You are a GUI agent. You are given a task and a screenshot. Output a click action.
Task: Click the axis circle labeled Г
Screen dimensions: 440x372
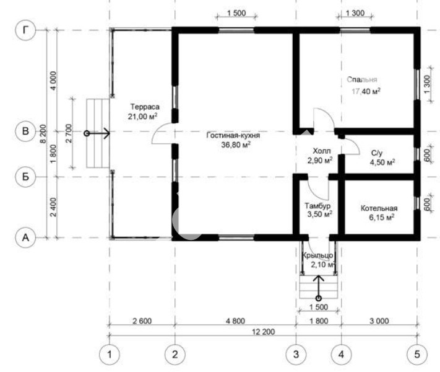tap(25, 30)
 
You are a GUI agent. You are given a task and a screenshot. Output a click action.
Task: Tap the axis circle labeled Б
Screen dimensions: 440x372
tap(25, 177)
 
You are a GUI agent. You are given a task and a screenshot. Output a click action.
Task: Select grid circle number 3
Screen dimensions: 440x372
tap(296, 355)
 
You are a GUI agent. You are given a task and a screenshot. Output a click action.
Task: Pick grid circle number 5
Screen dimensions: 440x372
tap(417, 355)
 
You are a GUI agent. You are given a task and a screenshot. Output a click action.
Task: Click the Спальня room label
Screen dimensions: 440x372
tap(361, 79)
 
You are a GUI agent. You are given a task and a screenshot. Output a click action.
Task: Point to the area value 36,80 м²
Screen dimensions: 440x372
tap(236, 145)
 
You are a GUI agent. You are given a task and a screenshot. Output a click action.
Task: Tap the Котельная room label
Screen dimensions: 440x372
tap(379, 208)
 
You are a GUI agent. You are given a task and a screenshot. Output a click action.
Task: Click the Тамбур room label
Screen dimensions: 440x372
tap(317, 206)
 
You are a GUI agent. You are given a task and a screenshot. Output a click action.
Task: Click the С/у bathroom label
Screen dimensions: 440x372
tap(377, 153)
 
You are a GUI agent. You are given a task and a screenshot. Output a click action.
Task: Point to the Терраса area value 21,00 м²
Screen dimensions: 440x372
tap(142, 117)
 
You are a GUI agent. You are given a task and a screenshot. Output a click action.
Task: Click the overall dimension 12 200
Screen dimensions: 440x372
tap(263, 332)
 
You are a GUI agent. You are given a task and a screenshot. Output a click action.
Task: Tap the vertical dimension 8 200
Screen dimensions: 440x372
tap(43, 134)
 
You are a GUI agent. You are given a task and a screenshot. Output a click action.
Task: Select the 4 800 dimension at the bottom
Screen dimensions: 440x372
tap(235, 321)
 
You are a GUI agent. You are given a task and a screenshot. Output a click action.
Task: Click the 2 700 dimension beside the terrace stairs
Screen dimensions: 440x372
tap(69, 133)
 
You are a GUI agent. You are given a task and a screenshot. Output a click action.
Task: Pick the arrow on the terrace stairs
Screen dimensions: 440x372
tap(97, 133)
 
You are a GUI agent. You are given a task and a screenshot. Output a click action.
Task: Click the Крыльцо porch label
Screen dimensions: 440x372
tap(317, 255)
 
